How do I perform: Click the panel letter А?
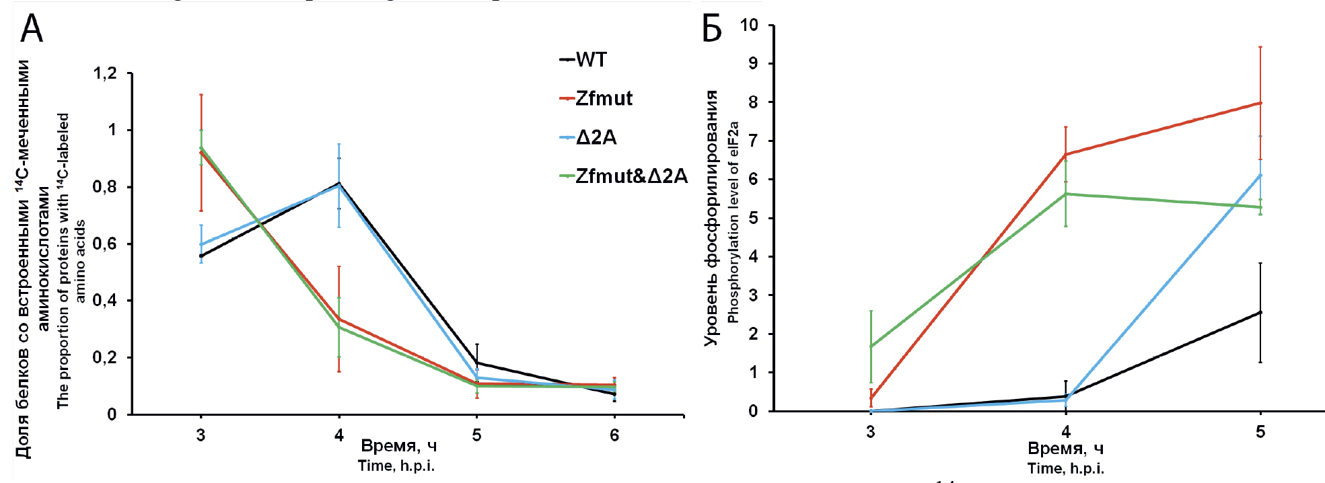click(x=32, y=29)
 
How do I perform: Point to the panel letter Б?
click(x=711, y=29)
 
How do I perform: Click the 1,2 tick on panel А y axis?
click(x=105, y=73)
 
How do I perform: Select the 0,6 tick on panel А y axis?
click(x=105, y=244)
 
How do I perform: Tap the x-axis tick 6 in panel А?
click(x=614, y=435)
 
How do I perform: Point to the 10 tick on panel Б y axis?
click(x=749, y=25)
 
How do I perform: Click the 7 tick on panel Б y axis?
click(x=753, y=141)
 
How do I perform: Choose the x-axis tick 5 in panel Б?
click(x=1260, y=431)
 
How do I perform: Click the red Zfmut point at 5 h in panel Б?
click(x=1260, y=103)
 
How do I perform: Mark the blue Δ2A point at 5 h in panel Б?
click(x=1260, y=175)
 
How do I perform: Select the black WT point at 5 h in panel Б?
click(x=1260, y=312)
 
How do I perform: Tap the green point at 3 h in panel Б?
click(x=871, y=346)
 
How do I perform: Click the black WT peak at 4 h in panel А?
click(x=339, y=183)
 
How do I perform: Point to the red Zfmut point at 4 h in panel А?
click(x=339, y=319)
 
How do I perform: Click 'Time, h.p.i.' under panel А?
click(x=396, y=466)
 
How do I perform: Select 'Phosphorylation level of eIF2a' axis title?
click(x=733, y=222)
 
